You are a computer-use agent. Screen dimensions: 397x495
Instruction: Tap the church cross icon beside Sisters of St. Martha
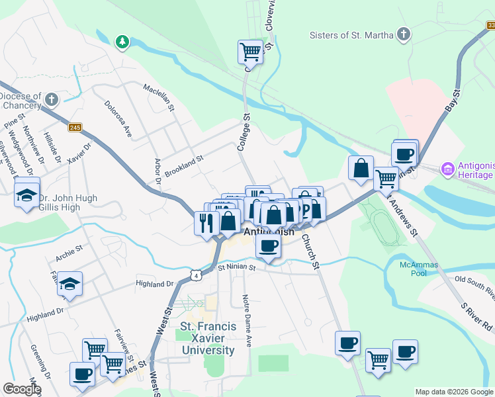[x=404, y=34]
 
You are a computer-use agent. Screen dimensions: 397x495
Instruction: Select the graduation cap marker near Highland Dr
[x=69, y=284]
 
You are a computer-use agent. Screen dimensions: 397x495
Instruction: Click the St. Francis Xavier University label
[x=207, y=337]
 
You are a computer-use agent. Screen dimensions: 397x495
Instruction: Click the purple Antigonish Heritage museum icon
[x=447, y=169]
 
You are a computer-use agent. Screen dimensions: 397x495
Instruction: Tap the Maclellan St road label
[x=159, y=97]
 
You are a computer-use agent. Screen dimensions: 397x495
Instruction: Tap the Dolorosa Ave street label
[x=118, y=118]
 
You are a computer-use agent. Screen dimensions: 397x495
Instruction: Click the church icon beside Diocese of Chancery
[x=52, y=100]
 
